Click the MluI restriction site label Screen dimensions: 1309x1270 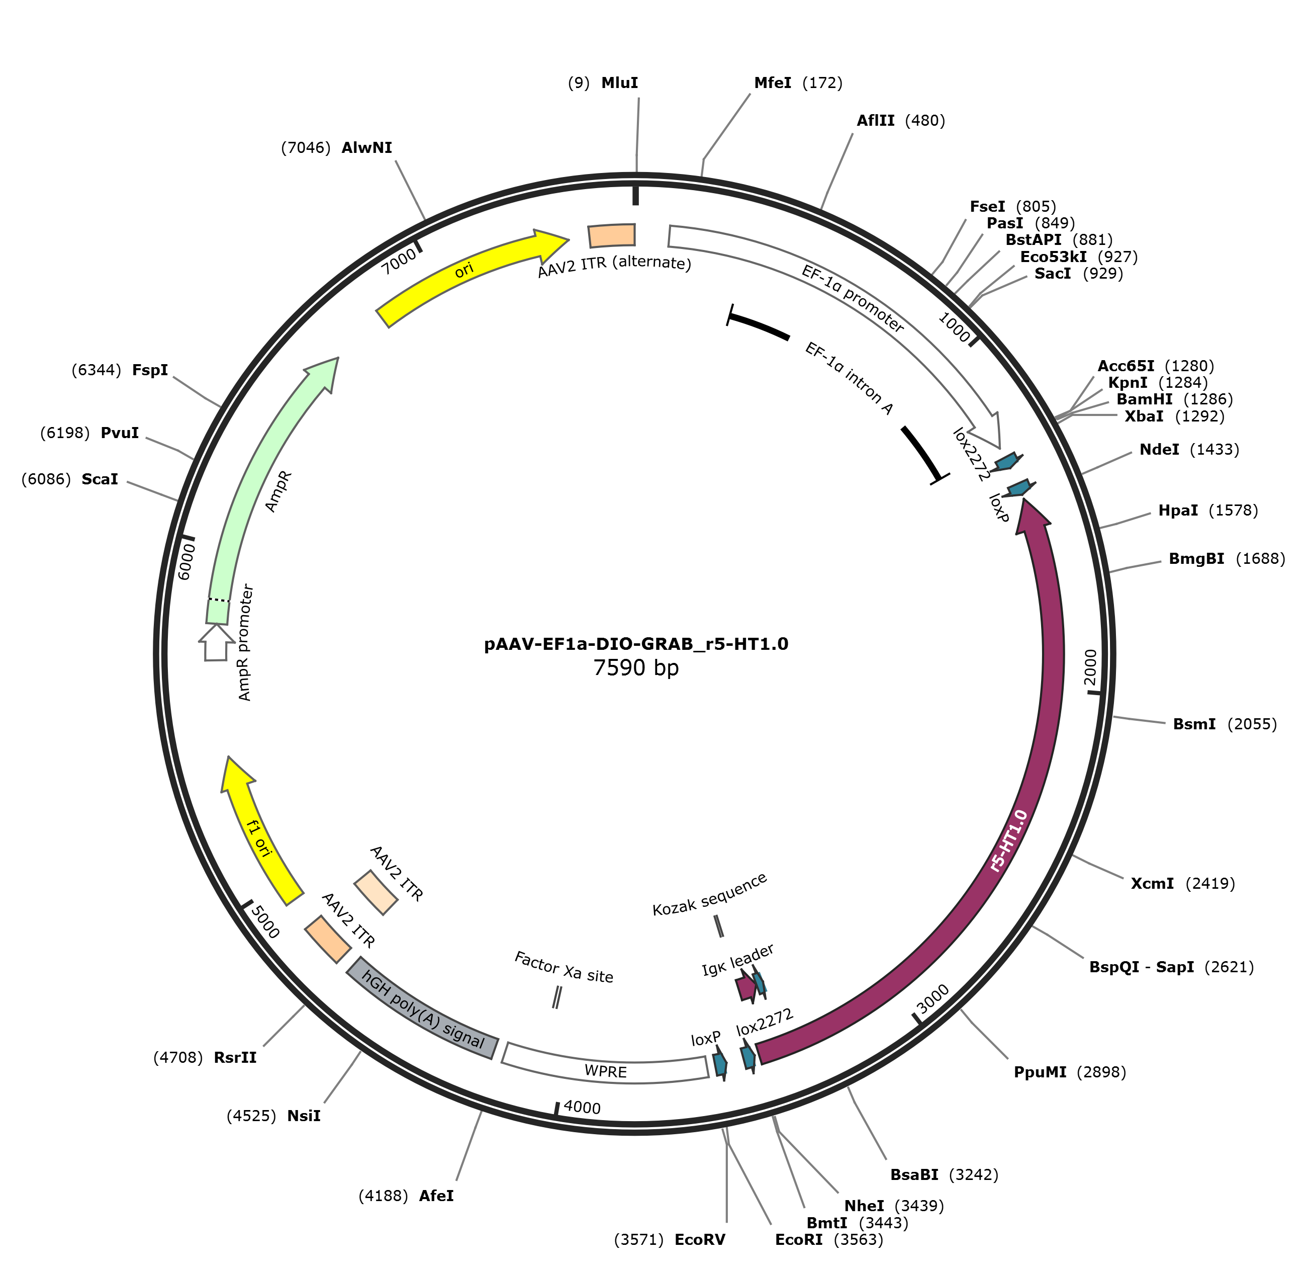(619, 83)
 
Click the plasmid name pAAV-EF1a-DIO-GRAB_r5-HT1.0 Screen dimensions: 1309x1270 (636, 644)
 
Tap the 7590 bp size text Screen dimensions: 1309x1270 (636, 667)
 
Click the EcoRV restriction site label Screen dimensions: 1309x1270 (699, 1240)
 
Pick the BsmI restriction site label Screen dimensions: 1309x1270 (1194, 724)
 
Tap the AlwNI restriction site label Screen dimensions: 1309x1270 (366, 148)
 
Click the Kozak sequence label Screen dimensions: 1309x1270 (709, 895)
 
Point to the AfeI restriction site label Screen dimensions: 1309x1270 (436, 1196)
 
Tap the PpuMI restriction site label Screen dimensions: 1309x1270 (1040, 1072)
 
